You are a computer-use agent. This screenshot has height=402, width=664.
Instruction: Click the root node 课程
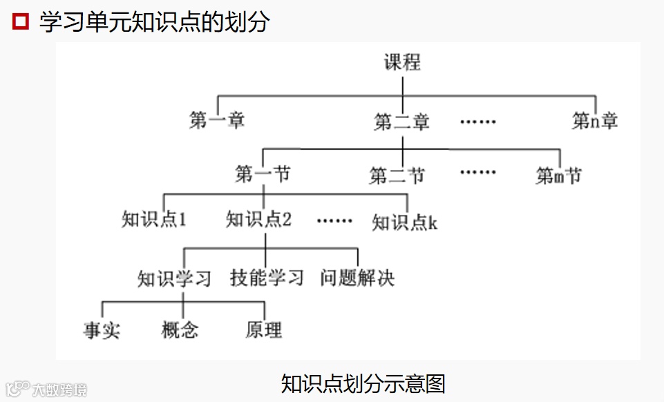click(402, 63)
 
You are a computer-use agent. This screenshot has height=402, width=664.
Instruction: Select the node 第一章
click(217, 121)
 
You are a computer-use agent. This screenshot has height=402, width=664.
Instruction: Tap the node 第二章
click(402, 122)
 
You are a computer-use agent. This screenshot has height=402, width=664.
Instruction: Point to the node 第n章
click(594, 121)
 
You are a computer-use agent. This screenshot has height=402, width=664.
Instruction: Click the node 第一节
click(263, 174)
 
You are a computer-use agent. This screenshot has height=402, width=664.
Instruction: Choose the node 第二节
click(397, 175)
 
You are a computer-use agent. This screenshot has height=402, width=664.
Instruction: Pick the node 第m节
click(558, 175)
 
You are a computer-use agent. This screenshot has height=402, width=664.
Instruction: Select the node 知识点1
click(155, 220)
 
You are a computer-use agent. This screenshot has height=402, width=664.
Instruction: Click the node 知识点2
click(259, 220)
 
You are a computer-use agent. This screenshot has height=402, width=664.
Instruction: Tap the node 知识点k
click(405, 222)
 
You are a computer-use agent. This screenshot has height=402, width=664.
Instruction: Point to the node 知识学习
click(174, 278)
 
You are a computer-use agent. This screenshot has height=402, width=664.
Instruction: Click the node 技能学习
click(267, 278)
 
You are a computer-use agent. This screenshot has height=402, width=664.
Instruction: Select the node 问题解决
click(357, 278)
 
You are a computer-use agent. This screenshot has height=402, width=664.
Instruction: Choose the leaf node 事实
click(102, 330)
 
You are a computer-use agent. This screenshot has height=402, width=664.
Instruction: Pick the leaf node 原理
click(264, 330)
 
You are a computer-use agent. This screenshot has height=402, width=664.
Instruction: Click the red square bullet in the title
click(21, 21)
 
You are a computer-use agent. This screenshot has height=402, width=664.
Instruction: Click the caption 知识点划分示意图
click(363, 383)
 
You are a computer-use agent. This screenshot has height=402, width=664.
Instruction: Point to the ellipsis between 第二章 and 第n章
click(478, 122)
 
